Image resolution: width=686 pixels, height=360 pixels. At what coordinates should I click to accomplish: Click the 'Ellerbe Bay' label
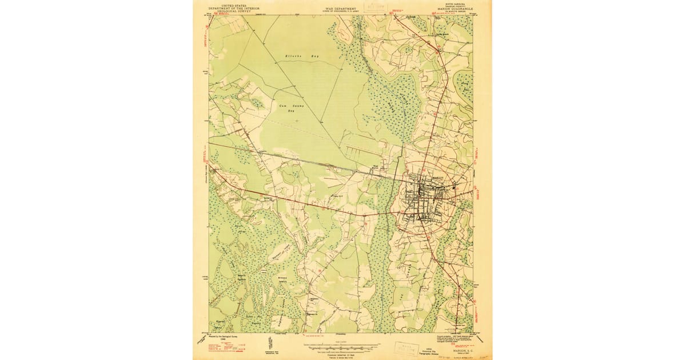[302, 57]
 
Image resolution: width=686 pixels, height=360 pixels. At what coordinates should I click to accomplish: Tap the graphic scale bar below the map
[341, 346]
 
